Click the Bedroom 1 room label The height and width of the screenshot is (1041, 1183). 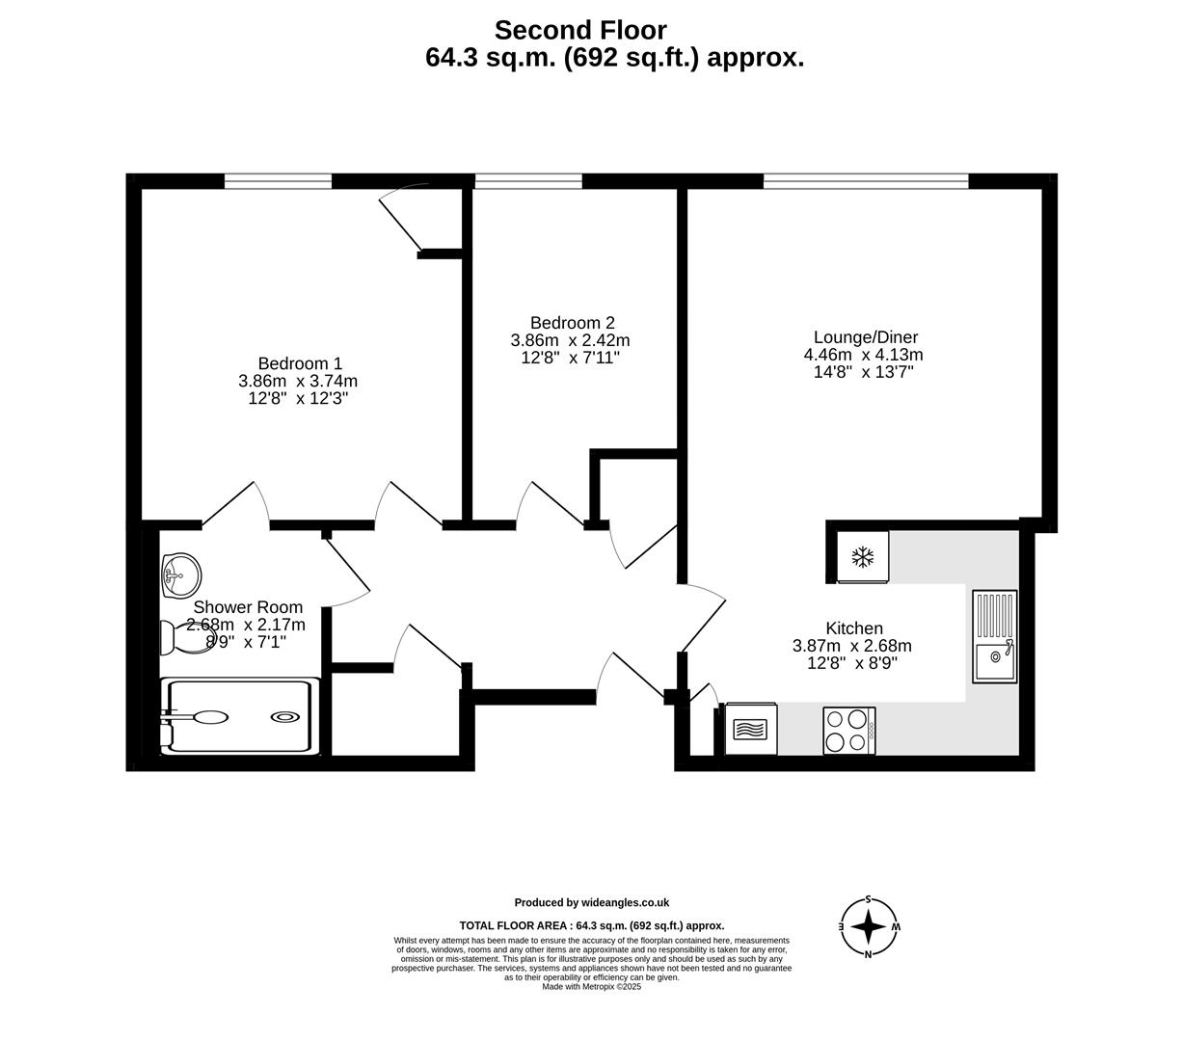(300, 363)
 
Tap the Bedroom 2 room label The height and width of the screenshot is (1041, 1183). (572, 323)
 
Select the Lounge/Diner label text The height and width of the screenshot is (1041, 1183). (865, 337)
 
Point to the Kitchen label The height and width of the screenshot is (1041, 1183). (853, 628)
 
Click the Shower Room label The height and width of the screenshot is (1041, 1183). (248, 607)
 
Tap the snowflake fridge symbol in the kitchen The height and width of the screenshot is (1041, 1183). (862, 557)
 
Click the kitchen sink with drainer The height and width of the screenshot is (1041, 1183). (994, 636)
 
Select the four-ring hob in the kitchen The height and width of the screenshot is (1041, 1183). (848, 731)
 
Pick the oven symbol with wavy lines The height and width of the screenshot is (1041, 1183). (751, 729)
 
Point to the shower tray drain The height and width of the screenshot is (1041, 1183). (285, 716)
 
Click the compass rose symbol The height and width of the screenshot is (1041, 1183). (869, 927)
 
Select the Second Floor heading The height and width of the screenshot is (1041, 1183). (579, 31)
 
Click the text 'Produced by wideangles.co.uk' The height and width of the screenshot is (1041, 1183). (591, 903)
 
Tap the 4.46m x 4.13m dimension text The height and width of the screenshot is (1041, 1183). (863, 355)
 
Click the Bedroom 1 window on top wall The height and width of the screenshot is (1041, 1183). (278, 180)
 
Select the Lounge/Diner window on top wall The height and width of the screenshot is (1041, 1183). (865, 180)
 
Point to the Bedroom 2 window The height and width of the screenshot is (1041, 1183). (528, 180)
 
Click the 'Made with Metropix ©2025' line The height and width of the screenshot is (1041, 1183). (591, 986)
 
